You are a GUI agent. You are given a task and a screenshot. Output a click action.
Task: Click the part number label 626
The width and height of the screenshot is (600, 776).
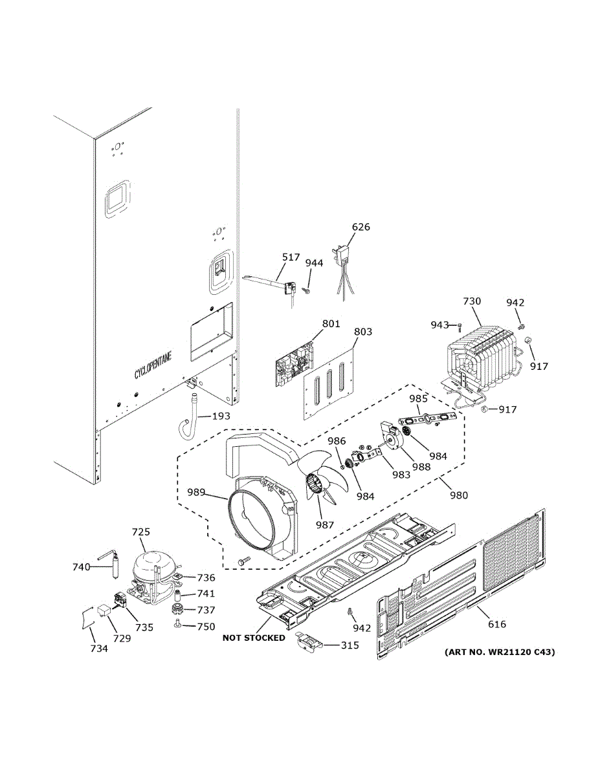[x=361, y=227]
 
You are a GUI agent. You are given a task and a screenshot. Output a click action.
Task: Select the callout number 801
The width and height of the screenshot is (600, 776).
[x=331, y=323]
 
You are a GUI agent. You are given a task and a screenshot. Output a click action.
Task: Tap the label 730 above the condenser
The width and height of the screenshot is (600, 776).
[x=472, y=301]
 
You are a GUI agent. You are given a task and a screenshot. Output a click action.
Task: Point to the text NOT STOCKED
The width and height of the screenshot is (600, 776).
[x=254, y=638]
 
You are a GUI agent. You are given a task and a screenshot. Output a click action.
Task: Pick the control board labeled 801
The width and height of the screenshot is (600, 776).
[x=295, y=366]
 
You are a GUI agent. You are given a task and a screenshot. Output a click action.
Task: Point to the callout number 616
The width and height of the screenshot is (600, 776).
[x=497, y=624]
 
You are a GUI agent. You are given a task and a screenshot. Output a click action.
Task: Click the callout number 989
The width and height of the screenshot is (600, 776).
[x=195, y=493]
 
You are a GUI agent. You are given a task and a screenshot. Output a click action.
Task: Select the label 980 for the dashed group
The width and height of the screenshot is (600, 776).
[x=459, y=495]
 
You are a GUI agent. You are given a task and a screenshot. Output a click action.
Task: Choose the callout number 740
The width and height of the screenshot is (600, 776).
[x=81, y=567]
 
